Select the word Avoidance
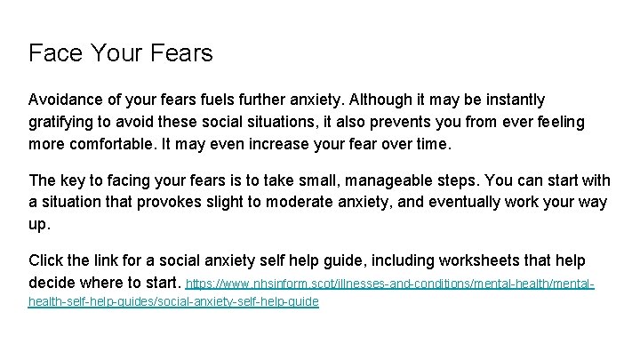(68, 99)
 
